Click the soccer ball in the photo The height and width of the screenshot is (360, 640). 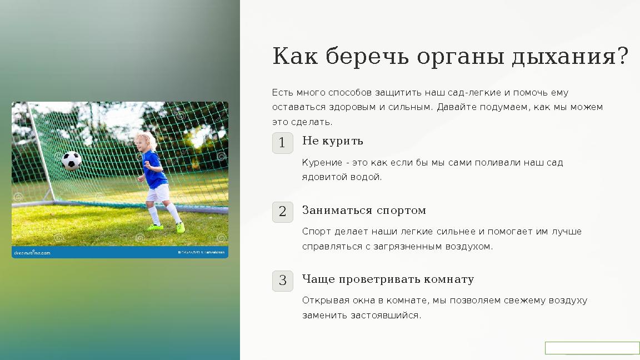[71, 161]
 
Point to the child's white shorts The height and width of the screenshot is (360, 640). [158, 194]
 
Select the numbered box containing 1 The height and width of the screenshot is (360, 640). [282, 143]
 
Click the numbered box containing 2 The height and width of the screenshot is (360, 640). [282, 212]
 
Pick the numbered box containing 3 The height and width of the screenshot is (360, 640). [282, 281]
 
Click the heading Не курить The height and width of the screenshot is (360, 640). [332, 141]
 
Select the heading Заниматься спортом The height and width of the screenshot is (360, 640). [364, 211]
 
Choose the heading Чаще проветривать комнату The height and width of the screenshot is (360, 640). [388, 279]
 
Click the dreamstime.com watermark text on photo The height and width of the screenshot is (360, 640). [32, 253]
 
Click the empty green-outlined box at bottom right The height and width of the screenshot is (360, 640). [592, 348]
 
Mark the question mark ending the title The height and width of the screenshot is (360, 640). [622, 57]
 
